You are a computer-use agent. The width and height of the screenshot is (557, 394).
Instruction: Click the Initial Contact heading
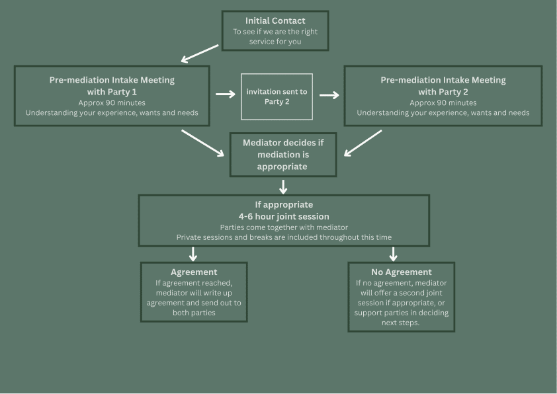click(275, 20)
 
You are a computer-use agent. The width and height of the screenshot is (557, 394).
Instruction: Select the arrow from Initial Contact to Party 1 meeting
click(200, 54)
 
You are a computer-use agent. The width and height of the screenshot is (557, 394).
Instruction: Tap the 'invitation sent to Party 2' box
click(277, 97)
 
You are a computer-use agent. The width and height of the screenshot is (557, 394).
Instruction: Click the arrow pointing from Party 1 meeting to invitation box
click(225, 94)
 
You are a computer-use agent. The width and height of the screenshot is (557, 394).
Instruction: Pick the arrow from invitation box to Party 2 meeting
click(329, 95)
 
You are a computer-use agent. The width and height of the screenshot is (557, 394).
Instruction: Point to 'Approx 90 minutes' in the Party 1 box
click(112, 103)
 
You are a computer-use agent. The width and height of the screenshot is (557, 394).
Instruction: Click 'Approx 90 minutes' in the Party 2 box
click(443, 103)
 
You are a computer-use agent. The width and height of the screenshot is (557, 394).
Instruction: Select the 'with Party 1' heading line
click(112, 92)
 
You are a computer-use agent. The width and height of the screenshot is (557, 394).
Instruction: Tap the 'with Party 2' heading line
click(443, 92)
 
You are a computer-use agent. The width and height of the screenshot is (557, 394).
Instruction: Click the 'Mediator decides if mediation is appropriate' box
click(283, 155)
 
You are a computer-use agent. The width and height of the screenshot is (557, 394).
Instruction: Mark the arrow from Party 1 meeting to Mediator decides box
click(202, 143)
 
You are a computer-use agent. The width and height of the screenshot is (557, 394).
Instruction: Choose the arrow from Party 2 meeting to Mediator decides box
click(363, 143)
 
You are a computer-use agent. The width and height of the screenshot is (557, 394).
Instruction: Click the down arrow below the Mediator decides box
click(283, 186)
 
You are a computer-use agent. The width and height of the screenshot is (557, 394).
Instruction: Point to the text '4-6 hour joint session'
click(284, 217)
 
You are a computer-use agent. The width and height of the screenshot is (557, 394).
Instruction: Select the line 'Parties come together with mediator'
click(284, 227)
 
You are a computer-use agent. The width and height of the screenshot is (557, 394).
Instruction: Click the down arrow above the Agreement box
click(193, 254)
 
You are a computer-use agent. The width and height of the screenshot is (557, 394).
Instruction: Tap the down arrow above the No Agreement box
click(393, 254)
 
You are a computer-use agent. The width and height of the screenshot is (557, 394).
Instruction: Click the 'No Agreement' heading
click(402, 272)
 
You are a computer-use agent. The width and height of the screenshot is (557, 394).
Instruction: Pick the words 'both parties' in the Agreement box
click(194, 313)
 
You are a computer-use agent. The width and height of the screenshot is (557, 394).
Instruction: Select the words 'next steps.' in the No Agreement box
click(400, 323)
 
